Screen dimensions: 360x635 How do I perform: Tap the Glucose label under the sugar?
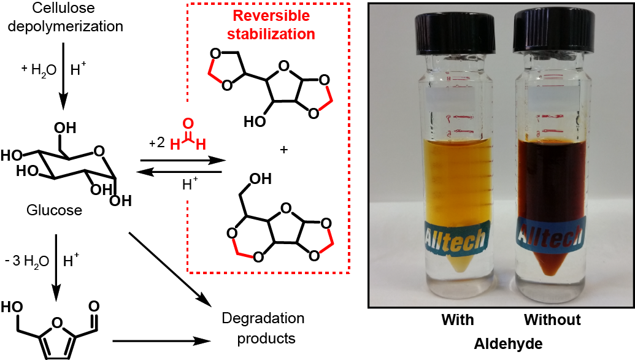54,210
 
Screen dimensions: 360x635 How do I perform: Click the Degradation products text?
263,328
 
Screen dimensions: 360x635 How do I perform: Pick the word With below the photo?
457,320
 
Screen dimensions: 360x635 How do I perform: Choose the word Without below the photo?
552,320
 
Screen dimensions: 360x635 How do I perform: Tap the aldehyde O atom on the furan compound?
94,305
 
